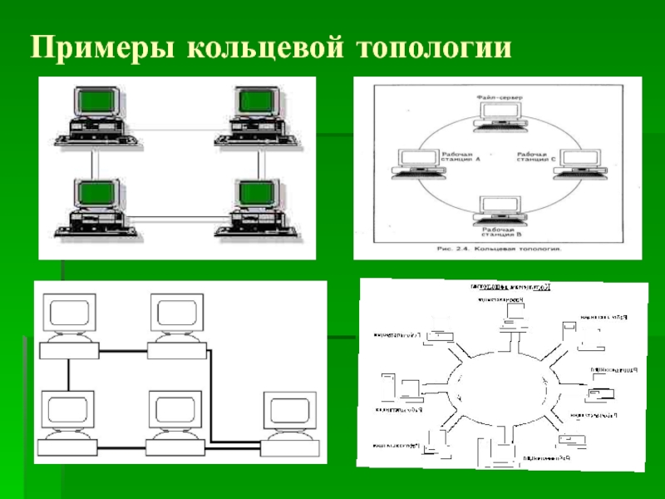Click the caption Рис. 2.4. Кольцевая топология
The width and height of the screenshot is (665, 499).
pos(496,248)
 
